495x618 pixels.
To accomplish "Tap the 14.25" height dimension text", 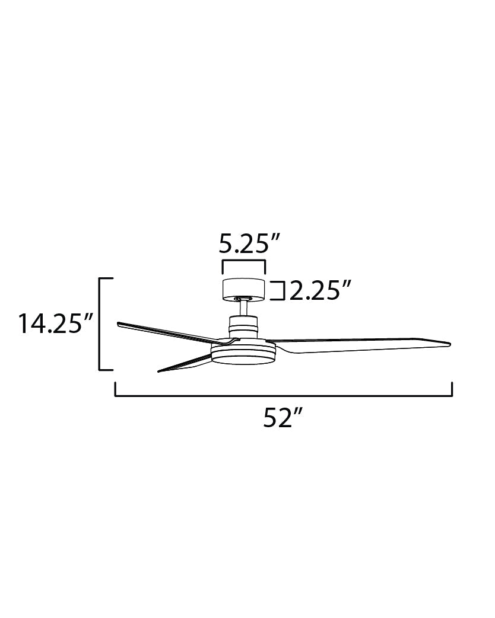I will [56, 324].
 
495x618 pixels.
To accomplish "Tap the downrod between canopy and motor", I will [243, 308].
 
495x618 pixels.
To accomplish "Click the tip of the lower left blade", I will [160, 371].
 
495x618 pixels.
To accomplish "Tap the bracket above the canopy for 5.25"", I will [243, 261].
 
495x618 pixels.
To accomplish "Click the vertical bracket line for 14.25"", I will [100, 324].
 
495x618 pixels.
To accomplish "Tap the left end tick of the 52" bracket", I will [115, 389].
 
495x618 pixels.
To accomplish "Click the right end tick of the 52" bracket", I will [452, 389].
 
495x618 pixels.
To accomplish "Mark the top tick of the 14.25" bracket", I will [106, 278].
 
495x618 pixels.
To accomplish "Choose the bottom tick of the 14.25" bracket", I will [106, 370].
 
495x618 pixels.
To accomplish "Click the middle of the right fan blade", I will [362, 344].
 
